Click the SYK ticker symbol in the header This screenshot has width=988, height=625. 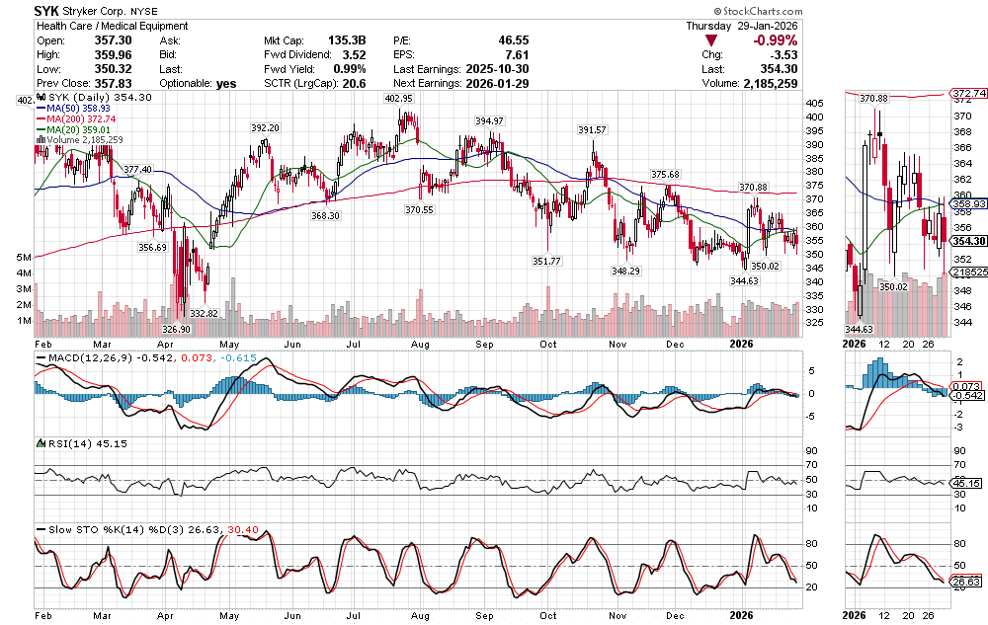click(49, 9)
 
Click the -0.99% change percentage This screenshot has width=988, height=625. click(777, 40)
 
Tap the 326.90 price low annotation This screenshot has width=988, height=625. click(176, 329)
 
